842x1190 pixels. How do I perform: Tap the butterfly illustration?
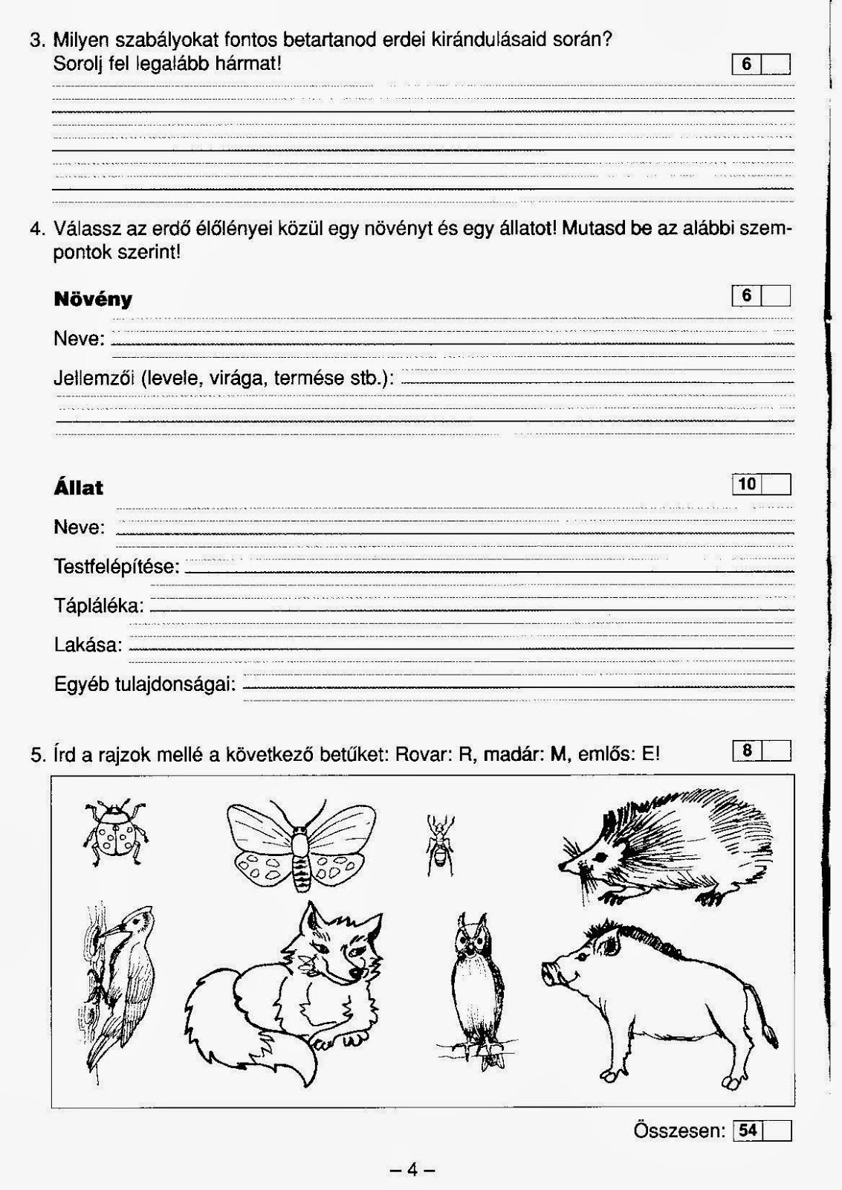[x=300, y=844]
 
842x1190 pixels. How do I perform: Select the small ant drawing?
[x=440, y=843]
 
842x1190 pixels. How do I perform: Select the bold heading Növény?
[x=93, y=299]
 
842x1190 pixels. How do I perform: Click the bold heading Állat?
[x=78, y=488]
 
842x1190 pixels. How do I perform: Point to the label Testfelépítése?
[x=117, y=567]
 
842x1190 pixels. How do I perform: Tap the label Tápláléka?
[x=99, y=605]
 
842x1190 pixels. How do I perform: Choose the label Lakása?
[x=88, y=644]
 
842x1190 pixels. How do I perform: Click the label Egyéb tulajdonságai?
[x=145, y=684]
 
